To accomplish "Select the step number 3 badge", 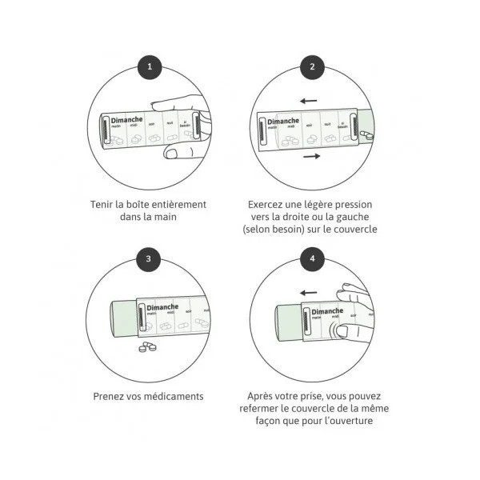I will (x=148, y=258).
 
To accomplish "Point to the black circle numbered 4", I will (x=311, y=258).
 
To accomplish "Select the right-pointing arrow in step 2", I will (x=311, y=156).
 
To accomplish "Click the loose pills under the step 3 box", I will (x=147, y=346).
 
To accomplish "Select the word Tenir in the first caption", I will (x=103, y=204).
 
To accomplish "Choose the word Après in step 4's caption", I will (x=262, y=395).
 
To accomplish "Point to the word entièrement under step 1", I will (x=178, y=204).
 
